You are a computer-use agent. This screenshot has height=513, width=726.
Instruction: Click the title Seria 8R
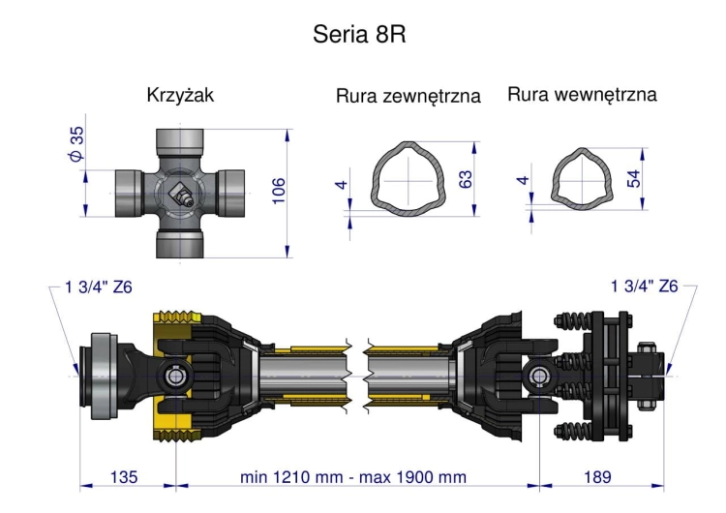pos(359,35)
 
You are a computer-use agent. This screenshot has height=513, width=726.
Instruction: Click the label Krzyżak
pos(180,95)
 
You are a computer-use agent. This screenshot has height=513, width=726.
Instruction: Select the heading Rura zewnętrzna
pos(408,96)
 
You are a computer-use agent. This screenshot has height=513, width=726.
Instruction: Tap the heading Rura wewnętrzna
pos(582,94)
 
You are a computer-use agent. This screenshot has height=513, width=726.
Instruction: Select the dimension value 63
pos(466,179)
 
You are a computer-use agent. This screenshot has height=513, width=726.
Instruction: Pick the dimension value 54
pos(634,177)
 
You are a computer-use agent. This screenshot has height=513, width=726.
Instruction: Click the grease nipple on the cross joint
pos(180,195)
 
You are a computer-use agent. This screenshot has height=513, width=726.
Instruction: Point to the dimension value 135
pos(124,477)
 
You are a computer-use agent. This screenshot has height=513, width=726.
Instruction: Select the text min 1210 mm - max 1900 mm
pos(353,477)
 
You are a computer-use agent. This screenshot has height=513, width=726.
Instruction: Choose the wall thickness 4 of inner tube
pos(523,181)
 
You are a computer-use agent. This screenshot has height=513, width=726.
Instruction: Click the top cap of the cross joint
pos(181,142)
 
